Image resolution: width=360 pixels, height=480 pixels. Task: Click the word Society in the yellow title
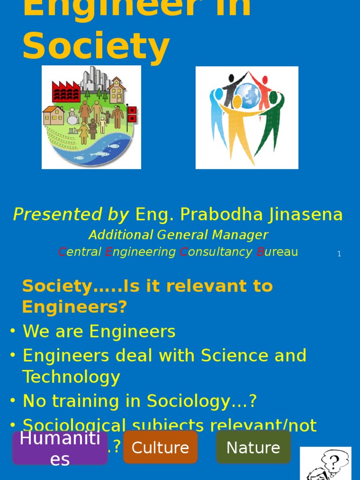pos(96,47)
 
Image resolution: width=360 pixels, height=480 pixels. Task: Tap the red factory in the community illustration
pos(66,91)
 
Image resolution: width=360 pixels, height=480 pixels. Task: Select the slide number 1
pos(339,254)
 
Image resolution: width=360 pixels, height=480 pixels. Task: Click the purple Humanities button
pos(60,448)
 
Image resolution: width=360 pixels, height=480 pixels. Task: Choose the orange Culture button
pos(160,448)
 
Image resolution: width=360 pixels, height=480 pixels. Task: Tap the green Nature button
pos(253,448)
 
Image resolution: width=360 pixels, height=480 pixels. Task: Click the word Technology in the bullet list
pos(71,377)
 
